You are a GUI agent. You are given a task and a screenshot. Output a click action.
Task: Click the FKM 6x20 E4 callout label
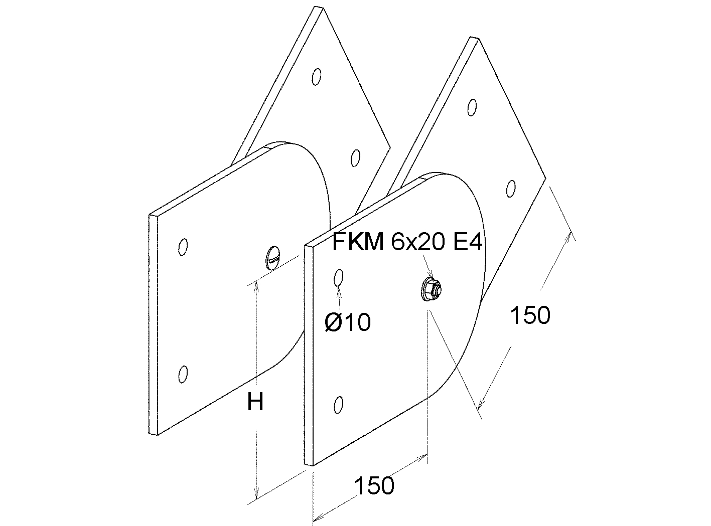407,242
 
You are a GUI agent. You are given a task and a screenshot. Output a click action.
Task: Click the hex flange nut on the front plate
432,289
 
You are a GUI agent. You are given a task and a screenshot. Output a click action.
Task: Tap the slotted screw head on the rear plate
273,258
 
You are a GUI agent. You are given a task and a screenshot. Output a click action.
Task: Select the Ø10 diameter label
348,322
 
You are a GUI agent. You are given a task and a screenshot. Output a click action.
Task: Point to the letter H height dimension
255,402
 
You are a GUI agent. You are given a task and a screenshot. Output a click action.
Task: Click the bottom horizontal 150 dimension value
374,485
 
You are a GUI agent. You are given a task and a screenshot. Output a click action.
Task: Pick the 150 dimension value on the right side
530,315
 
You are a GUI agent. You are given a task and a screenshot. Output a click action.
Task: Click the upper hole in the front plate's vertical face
339,277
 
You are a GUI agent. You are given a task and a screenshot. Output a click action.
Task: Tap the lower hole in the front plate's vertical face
339,405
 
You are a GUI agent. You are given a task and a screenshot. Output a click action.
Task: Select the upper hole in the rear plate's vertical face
183,247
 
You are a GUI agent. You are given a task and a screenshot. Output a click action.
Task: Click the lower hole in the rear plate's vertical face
183,374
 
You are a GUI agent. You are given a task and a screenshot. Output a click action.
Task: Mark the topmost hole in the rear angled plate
317,77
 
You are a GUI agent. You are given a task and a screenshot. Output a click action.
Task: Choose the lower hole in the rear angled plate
355,158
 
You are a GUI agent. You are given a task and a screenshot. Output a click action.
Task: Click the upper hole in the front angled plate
472,107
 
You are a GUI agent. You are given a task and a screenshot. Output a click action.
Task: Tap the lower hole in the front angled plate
511,189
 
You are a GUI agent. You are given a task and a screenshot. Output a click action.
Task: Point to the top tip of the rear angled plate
323,8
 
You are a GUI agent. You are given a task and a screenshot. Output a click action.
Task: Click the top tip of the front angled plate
479,39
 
